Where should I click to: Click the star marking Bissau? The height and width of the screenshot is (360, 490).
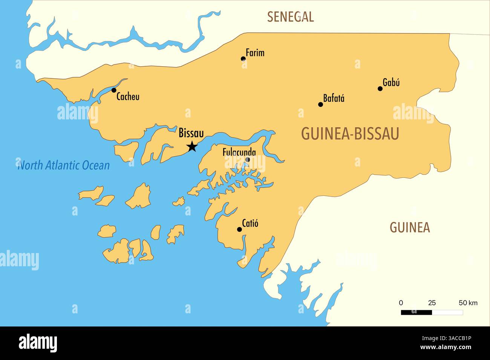[192, 146]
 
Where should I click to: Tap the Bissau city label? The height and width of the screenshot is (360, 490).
[191, 133]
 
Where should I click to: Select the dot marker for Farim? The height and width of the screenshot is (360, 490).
[243, 59]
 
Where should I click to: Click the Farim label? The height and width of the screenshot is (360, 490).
[255, 53]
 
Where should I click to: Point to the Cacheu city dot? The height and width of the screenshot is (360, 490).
[114, 90]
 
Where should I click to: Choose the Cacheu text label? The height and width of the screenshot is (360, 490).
[128, 97]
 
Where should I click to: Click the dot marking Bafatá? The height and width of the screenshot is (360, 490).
[320, 104]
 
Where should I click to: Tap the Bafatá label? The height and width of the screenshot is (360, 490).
[334, 99]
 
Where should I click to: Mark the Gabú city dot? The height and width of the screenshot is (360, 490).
[380, 88]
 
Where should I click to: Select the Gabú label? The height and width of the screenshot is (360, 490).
[391, 82]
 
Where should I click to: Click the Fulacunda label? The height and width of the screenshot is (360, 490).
[239, 153]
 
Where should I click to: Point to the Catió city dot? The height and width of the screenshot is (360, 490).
[239, 229]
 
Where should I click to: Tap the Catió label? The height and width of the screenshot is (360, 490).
[250, 223]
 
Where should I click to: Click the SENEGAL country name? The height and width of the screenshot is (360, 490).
[290, 17]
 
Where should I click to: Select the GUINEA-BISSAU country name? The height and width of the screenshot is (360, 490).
[350, 134]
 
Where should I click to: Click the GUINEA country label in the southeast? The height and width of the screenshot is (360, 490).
[409, 227]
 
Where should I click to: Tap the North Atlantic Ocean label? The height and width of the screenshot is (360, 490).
[64, 165]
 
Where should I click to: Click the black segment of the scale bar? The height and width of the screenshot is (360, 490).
[416, 312]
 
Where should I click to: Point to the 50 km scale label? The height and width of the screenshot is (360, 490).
[468, 303]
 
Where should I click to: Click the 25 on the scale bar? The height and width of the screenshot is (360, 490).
[432, 303]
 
